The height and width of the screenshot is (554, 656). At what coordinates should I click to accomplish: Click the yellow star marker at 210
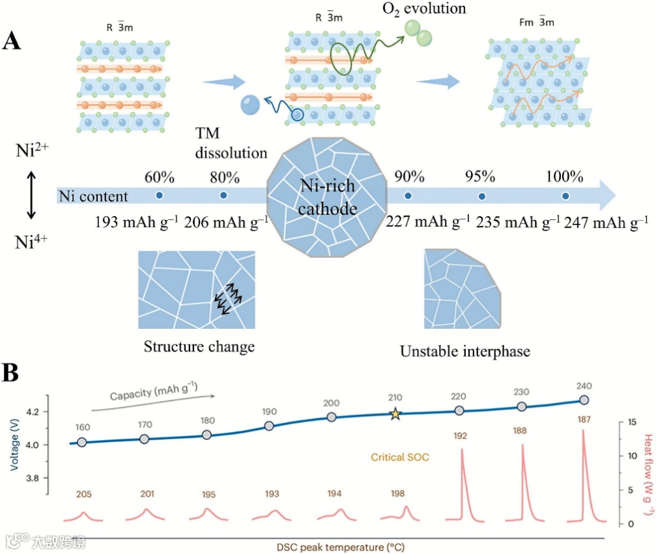coord(395,414)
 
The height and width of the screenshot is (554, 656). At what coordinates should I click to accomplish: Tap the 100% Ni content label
coord(564,177)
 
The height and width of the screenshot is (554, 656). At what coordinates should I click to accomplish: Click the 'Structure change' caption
coord(199,346)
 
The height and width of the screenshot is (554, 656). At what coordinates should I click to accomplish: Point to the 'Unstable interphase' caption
coord(465,351)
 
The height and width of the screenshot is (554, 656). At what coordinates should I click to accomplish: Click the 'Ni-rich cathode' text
coord(328,197)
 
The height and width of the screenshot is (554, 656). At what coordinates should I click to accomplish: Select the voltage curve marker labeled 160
coord(82,442)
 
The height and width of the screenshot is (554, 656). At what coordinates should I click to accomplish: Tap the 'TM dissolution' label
coord(231,144)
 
